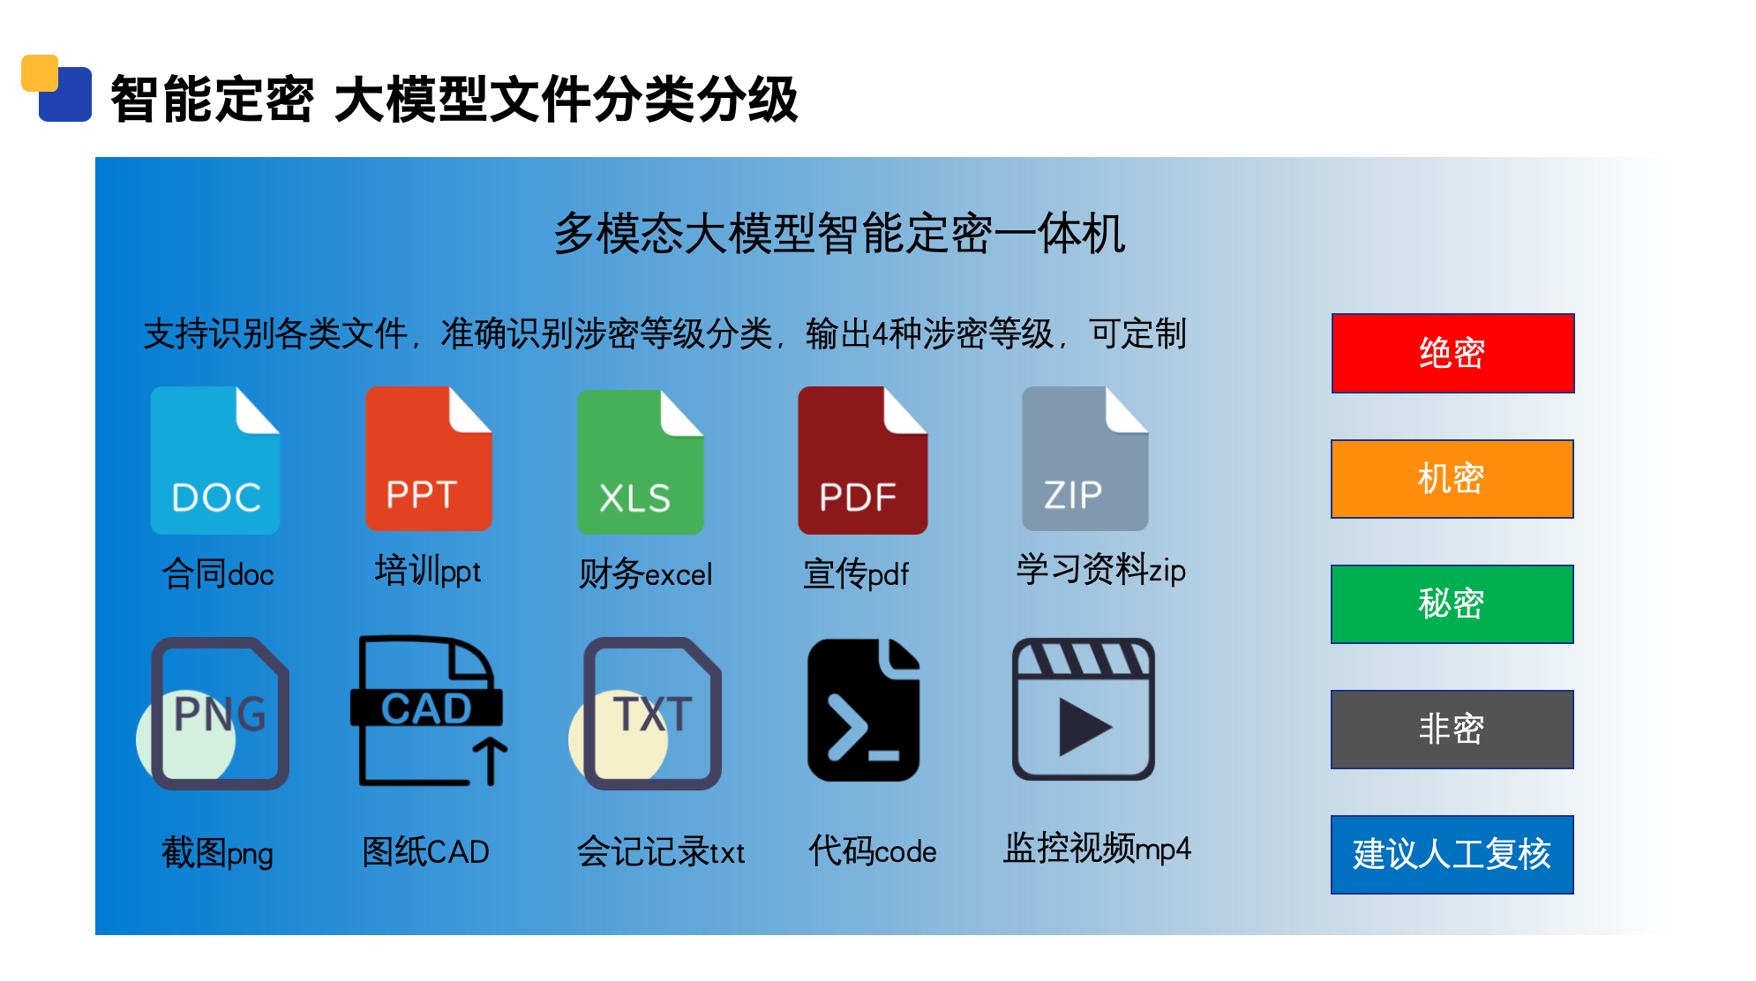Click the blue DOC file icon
(x=215, y=460)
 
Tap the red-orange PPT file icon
(x=429, y=458)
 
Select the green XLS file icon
(x=641, y=461)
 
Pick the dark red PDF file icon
(x=863, y=460)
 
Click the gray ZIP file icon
(x=1085, y=458)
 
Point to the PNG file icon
(x=214, y=713)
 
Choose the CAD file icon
(x=429, y=711)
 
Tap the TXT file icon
(x=646, y=713)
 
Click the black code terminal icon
(x=864, y=710)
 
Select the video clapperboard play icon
(x=1083, y=709)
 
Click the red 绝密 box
(x=1452, y=353)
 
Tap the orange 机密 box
(x=1452, y=479)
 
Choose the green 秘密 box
(x=1452, y=604)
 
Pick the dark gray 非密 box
(x=1452, y=730)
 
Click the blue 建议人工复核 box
(x=1452, y=855)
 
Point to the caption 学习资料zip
(x=1101, y=570)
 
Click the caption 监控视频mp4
(x=1097, y=848)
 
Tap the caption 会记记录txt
(x=661, y=852)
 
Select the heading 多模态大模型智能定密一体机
(x=839, y=234)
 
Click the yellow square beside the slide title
(x=40, y=73)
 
